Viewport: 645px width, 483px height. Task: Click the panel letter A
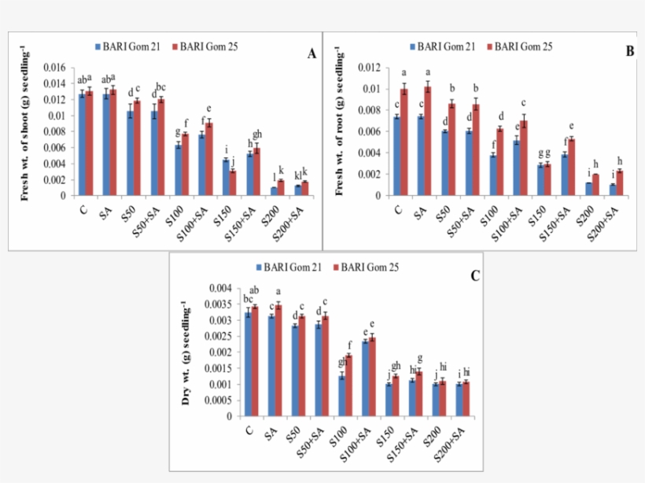311,54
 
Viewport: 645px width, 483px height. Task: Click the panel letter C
475,276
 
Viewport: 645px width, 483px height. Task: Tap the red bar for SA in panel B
428,141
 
